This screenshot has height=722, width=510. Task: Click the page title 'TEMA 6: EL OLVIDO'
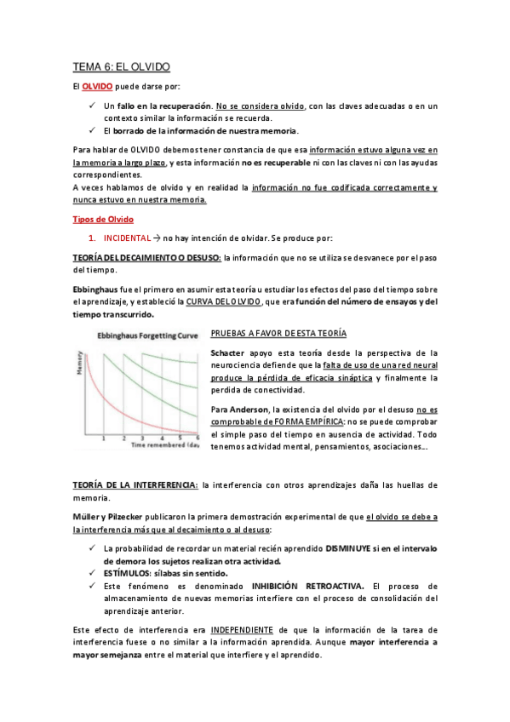(121, 66)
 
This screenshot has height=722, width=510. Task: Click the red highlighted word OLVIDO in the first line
(98, 87)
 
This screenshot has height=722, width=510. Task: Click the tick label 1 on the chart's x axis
(103, 438)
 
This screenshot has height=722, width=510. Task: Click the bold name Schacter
(227, 353)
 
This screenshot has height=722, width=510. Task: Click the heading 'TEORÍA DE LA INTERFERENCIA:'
(135, 484)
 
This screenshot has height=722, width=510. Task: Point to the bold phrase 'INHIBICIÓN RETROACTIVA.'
(307, 586)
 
